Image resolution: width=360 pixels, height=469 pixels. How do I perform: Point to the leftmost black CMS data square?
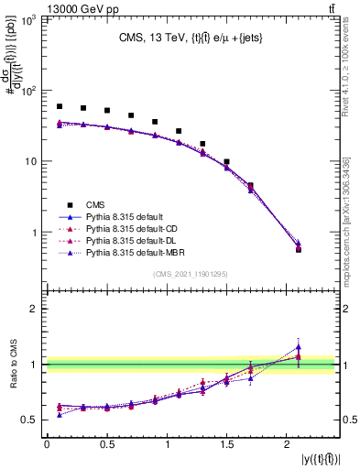[x=60, y=106]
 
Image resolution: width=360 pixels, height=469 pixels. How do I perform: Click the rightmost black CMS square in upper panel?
[x=299, y=249]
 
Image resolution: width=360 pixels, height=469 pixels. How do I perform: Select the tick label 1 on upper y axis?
[x=36, y=233]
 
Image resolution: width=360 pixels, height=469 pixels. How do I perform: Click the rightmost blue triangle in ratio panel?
[x=299, y=347]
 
